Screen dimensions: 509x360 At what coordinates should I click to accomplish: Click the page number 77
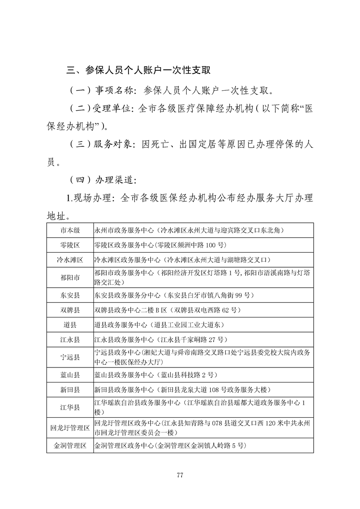180,475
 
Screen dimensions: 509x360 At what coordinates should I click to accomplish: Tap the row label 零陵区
70,245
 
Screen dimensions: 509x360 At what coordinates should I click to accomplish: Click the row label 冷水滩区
70,260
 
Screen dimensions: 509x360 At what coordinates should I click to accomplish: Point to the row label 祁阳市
70,277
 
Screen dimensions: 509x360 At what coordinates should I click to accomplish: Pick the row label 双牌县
70,310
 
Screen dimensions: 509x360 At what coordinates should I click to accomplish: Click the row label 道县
70,325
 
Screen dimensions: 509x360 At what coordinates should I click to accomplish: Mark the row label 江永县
70,339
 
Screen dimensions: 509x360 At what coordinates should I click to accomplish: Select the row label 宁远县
70,357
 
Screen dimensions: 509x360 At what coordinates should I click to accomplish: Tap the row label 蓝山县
70,375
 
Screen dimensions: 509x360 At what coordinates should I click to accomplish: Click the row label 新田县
70,390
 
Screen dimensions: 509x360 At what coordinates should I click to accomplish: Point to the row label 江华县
70,407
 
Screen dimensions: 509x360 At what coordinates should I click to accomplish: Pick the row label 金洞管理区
70,445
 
